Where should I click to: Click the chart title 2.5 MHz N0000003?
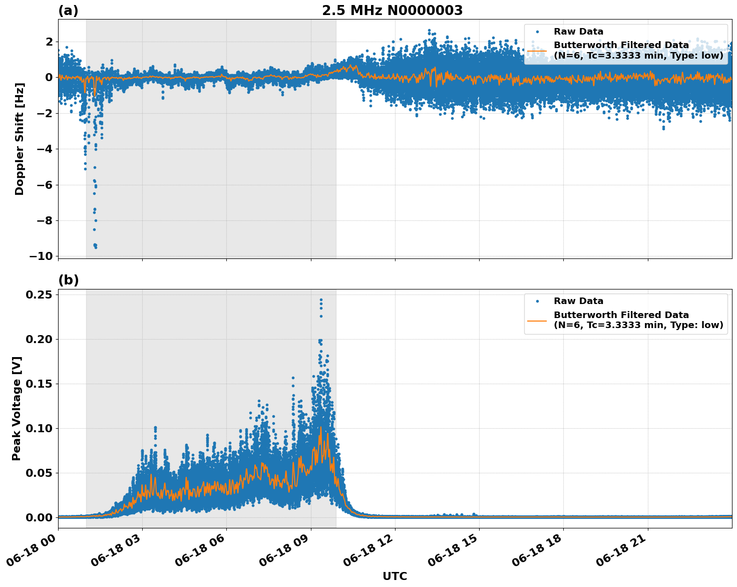pyautogui.click(x=392, y=11)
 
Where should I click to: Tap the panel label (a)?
pyautogui.click(x=68, y=11)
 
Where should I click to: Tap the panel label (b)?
pyautogui.click(x=68, y=280)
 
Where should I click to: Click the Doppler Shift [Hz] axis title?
pyautogui.click(x=20, y=139)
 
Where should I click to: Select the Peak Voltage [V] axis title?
pyautogui.click(x=17, y=408)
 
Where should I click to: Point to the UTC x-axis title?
pyautogui.click(x=395, y=576)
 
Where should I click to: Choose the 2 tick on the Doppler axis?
pyautogui.click(x=49, y=42)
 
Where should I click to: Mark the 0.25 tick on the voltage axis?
pyautogui.click(x=39, y=295)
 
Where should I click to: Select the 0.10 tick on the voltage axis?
pyautogui.click(x=39, y=428)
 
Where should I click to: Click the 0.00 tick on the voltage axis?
pyautogui.click(x=39, y=517)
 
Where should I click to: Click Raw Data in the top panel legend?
pyautogui.click(x=578, y=32)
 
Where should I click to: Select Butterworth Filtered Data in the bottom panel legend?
pyautogui.click(x=621, y=315)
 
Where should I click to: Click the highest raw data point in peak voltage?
pyautogui.click(x=321, y=300)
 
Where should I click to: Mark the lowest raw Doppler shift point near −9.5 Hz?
pyautogui.click(x=96, y=247)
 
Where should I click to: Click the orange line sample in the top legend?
pyautogui.click(x=537, y=50)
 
